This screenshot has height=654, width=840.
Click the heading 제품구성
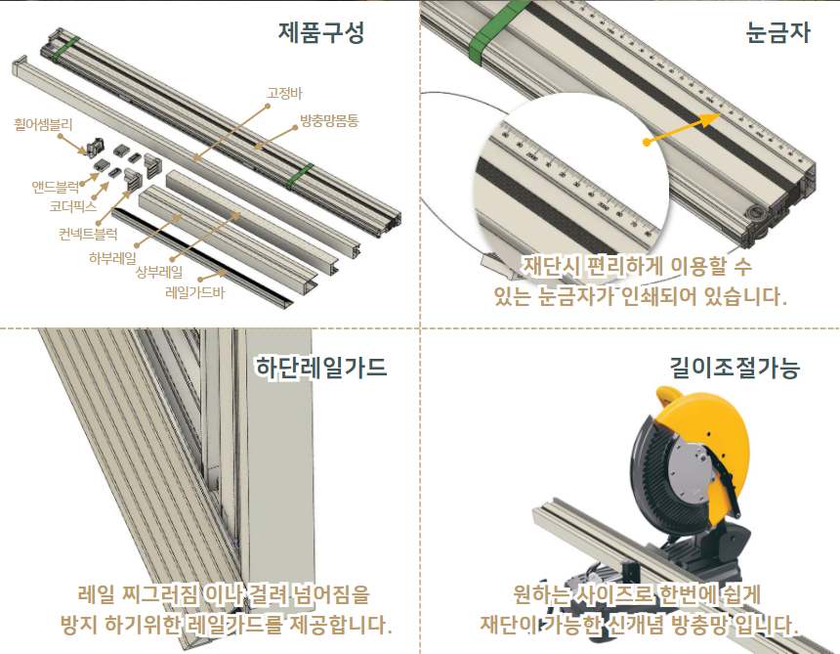(321, 32)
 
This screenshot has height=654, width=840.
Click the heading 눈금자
(777, 32)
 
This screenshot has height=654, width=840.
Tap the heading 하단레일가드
(321, 368)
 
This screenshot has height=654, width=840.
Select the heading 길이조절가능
(735, 368)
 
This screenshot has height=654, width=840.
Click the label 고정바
(284, 93)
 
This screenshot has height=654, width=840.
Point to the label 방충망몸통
(329, 120)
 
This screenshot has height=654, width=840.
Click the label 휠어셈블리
(43, 125)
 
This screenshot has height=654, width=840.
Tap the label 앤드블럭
(55, 187)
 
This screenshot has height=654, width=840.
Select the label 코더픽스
(73, 206)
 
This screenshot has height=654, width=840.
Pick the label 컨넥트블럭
(88, 235)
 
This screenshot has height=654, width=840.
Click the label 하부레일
(112, 258)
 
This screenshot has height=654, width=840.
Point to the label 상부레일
(159, 273)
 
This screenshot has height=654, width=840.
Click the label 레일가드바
(195, 292)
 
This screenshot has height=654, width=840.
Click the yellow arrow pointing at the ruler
(683, 129)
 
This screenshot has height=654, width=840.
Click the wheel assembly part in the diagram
(95, 147)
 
